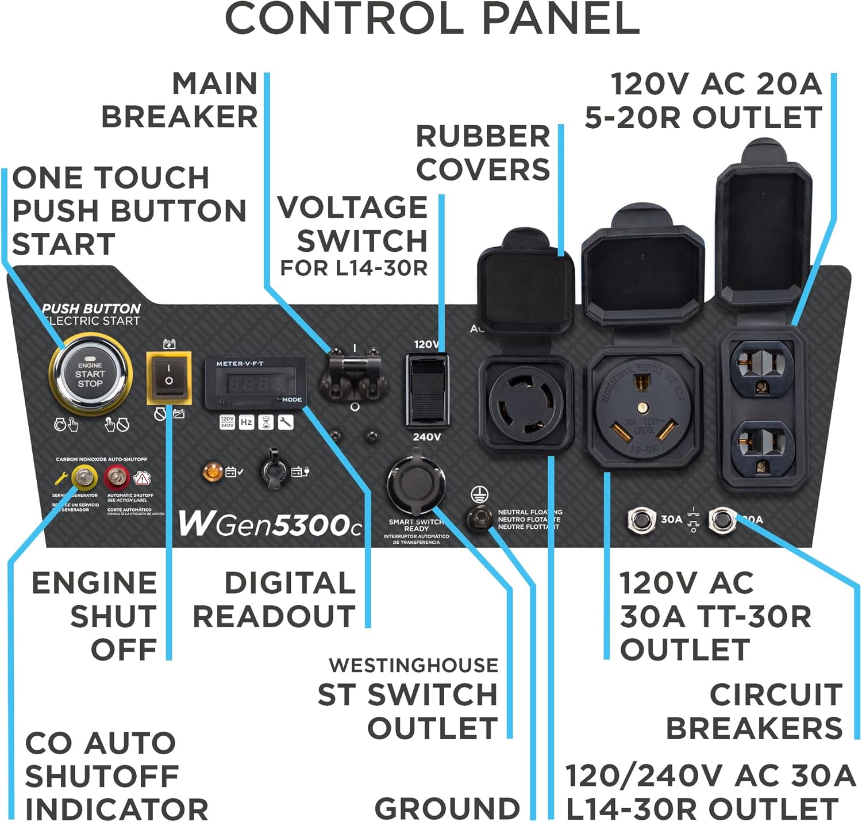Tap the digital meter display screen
coord(255,383)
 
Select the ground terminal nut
coord(478,517)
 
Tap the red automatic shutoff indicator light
coord(117,477)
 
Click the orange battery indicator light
coord(213,473)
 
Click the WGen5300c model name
coord(270,523)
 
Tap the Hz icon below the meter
coord(246,422)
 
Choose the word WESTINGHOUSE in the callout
coord(413,665)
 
